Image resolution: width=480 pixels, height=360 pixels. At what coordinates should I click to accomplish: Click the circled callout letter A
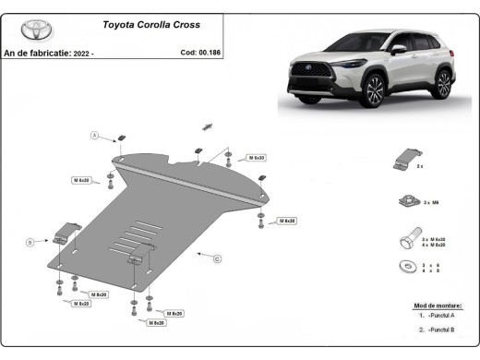tap(93, 136)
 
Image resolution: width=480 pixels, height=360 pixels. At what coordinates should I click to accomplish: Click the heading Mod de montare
tap(438, 305)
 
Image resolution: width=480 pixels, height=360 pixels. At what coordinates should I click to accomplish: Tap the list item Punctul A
tap(441, 316)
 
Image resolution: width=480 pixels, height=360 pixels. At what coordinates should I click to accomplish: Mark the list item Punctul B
tap(441, 329)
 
